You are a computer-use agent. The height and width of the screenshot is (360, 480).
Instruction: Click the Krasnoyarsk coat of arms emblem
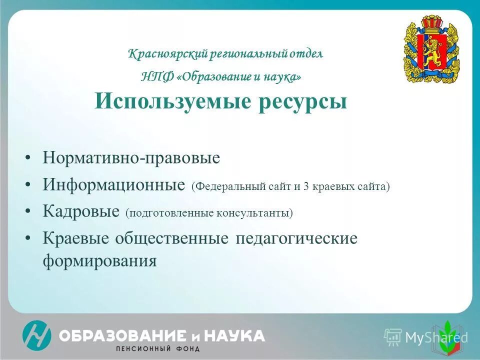(431, 49)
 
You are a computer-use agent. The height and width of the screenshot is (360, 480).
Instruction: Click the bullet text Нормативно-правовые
(131, 158)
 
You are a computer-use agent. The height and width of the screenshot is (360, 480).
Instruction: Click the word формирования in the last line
(100, 261)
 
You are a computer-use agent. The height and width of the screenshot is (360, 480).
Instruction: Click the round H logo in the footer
(36, 335)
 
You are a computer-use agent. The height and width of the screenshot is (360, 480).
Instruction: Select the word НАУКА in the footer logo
(234, 335)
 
